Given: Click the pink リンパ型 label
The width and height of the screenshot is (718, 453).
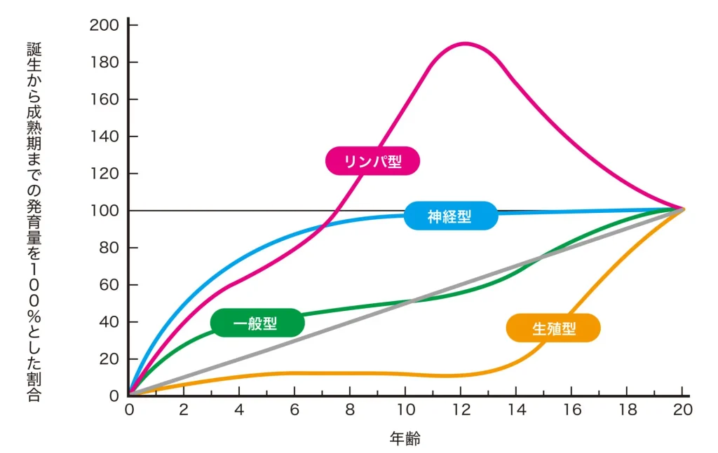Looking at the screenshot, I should tap(372, 161).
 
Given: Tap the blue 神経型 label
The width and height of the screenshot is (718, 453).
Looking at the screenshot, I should tap(450, 216).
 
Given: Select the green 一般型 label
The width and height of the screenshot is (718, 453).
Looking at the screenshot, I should tap(257, 323).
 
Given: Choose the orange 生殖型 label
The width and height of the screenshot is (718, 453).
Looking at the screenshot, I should tap(553, 328).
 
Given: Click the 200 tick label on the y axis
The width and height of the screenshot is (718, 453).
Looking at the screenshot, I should tap(104, 25).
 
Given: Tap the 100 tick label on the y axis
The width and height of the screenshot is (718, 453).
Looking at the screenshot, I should tap(104, 211).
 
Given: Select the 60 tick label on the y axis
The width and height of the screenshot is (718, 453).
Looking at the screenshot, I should tap(108, 285).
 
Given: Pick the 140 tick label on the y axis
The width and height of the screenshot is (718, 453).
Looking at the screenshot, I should tap(104, 137).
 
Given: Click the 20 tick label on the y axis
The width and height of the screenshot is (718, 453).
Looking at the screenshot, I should tap(108, 359).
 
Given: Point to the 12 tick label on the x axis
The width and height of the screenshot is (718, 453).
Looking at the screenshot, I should tap(461, 410).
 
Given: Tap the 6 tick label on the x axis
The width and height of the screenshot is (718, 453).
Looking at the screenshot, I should tap(294, 410).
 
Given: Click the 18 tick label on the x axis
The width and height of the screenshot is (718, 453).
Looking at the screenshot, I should tap(627, 410).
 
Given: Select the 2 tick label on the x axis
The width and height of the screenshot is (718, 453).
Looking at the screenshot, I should tap(184, 410).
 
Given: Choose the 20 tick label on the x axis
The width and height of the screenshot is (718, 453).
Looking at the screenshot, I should tap(682, 410).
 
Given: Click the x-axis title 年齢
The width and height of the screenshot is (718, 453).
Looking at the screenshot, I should tap(405, 439).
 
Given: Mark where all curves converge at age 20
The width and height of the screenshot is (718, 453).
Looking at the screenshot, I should tap(683, 209).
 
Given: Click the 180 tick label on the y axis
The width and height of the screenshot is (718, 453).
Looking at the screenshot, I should tap(104, 62).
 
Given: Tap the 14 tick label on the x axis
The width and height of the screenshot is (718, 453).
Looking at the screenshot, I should tap(516, 410).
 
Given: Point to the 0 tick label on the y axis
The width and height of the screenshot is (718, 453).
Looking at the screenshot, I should tap(114, 396).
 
